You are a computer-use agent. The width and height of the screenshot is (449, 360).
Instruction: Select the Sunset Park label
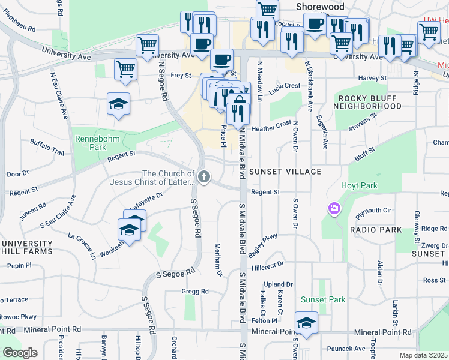tap(323, 299)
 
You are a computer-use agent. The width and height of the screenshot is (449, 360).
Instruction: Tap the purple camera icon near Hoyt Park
tap(334, 209)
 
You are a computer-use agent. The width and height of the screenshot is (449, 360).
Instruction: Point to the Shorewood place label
tap(321, 7)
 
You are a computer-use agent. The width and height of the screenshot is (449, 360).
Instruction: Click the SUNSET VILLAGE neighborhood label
tap(285, 172)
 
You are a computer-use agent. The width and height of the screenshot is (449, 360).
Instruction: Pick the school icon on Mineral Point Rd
tap(306, 323)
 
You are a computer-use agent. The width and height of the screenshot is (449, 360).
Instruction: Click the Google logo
tap(20, 353)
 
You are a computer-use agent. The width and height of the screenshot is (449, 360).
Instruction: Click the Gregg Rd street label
tap(194, 292)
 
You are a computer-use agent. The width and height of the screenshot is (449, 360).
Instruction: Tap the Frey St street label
tap(180, 76)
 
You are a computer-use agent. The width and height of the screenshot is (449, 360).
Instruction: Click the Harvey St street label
tap(373, 78)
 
